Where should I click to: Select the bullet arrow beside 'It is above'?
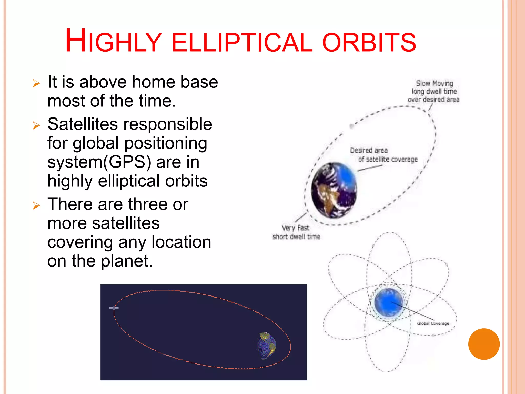pos(36,83)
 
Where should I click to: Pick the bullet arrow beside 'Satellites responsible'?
pos(36,125)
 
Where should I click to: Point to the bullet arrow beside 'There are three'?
pos(36,205)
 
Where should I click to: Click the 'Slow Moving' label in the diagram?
pos(434,83)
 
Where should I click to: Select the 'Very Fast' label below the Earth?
pos(295,228)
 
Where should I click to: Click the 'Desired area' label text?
pos(369,150)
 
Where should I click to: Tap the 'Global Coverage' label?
pos(433,323)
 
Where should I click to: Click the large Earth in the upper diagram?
pos(334,190)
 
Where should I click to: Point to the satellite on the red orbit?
pos(114,308)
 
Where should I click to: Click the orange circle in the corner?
pos(484,344)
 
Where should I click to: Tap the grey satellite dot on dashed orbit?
pos(352,126)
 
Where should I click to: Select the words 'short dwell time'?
pos(296,237)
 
